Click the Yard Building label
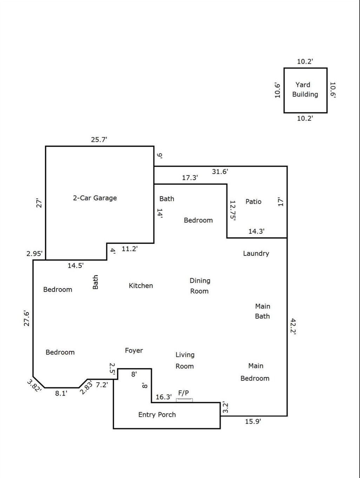pyautogui.click(x=305, y=89)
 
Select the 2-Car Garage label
pyautogui.click(x=95, y=198)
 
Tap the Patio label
pyautogui.click(x=253, y=201)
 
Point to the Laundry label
pyautogui.click(x=256, y=253)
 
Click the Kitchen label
pyautogui.click(x=141, y=286)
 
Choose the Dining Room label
pyautogui.click(x=200, y=286)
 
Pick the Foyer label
pyautogui.click(x=134, y=350)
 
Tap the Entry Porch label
pyautogui.click(x=157, y=414)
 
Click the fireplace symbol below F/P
pyautogui.click(x=184, y=400)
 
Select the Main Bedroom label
pyautogui.click(x=255, y=372)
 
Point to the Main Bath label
pyautogui.click(x=262, y=311)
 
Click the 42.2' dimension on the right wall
pyautogui.click(x=293, y=327)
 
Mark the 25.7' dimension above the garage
pyautogui.click(x=99, y=139)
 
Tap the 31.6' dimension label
pyautogui.click(x=220, y=172)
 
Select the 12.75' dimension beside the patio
pyautogui.click(x=232, y=210)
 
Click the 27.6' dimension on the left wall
pyautogui.click(x=27, y=318)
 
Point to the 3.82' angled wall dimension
pyautogui.click(x=34, y=385)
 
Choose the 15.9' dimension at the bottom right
pyautogui.click(x=253, y=421)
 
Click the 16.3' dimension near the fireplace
pyautogui.click(x=164, y=397)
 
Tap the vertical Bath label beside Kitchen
pyautogui.click(x=95, y=282)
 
